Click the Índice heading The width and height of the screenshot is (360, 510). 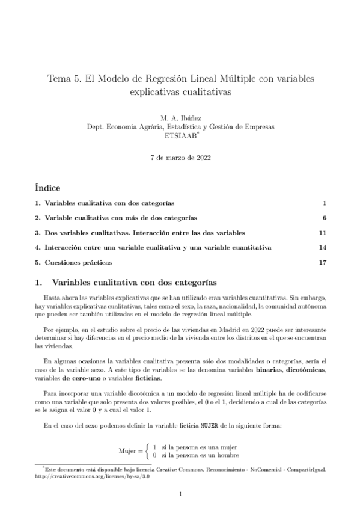(x=48, y=188)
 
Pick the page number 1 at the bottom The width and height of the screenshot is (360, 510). (x=180, y=495)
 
